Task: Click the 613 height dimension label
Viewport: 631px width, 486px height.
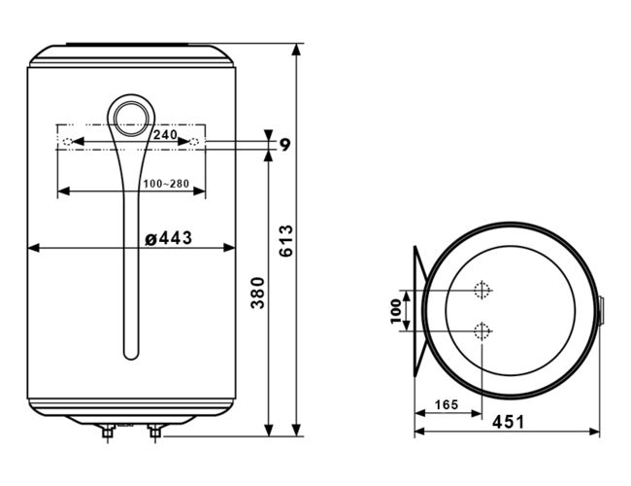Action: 286,241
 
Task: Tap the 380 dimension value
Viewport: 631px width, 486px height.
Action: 257,293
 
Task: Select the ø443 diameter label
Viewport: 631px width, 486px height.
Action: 168,238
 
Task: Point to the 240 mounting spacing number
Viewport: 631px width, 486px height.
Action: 165,134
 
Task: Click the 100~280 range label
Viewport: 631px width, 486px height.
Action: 166,184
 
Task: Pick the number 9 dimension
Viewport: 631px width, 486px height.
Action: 284,144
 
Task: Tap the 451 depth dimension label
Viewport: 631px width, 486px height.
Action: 509,422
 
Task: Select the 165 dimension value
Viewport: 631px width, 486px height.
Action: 447,404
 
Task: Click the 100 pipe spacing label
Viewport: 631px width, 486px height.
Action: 396,311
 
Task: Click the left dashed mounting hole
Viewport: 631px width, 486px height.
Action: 68,142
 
